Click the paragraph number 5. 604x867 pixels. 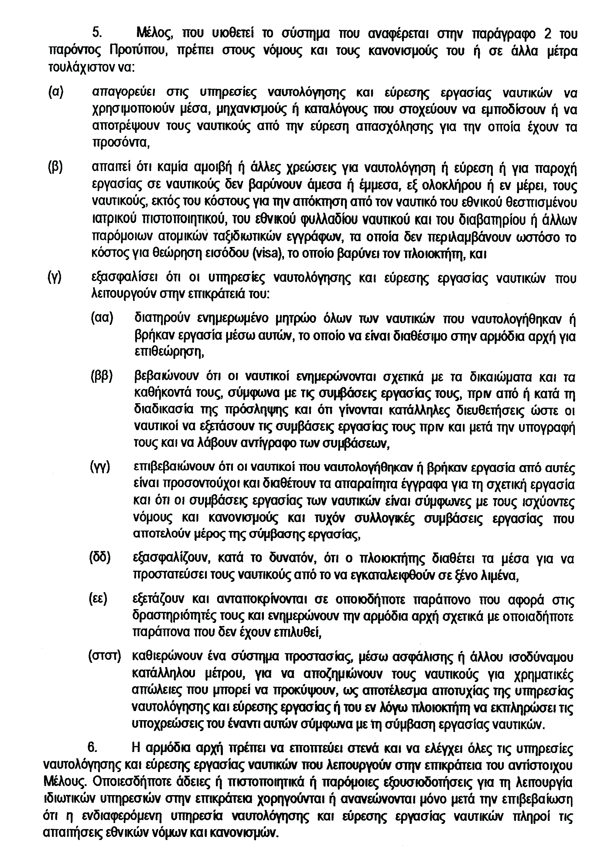point(97,34)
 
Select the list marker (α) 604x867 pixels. point(56,92)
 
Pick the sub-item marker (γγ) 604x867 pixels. point(100,467)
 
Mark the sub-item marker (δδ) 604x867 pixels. point(100,558)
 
